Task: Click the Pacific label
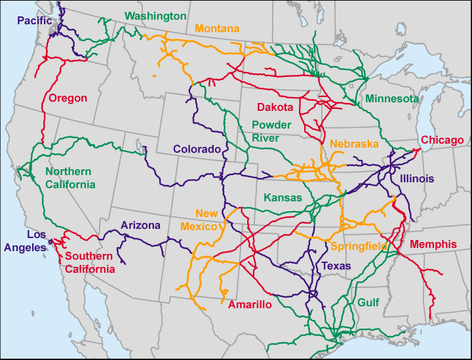click(34, 21)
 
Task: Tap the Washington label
click(155, 16)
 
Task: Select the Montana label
click(217, 29)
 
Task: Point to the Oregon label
click(68, 98)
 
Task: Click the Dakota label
click(275, 107)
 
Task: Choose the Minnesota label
click(392, 99)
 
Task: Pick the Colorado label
click(197, 150)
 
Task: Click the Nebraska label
click(355, 144)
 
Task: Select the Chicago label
click(442, 140)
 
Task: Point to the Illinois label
click(417, 178)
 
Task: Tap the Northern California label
click(70, 178)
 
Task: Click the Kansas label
click(283, 197)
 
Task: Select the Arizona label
click(140, 226)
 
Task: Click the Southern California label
click(89, 262)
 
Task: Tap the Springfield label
click(358, 247)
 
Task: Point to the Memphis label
click(433, 245)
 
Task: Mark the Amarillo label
click(250, 305)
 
